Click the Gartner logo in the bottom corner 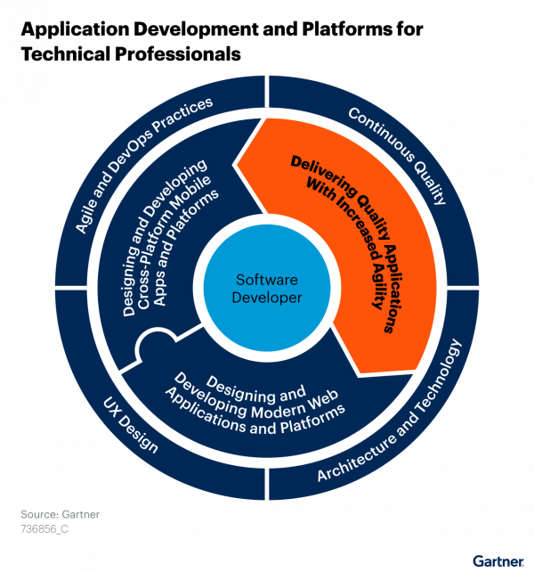point(497,560)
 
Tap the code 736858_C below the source point(44,528)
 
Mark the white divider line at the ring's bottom point(267,486)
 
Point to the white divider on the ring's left point(75,289)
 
